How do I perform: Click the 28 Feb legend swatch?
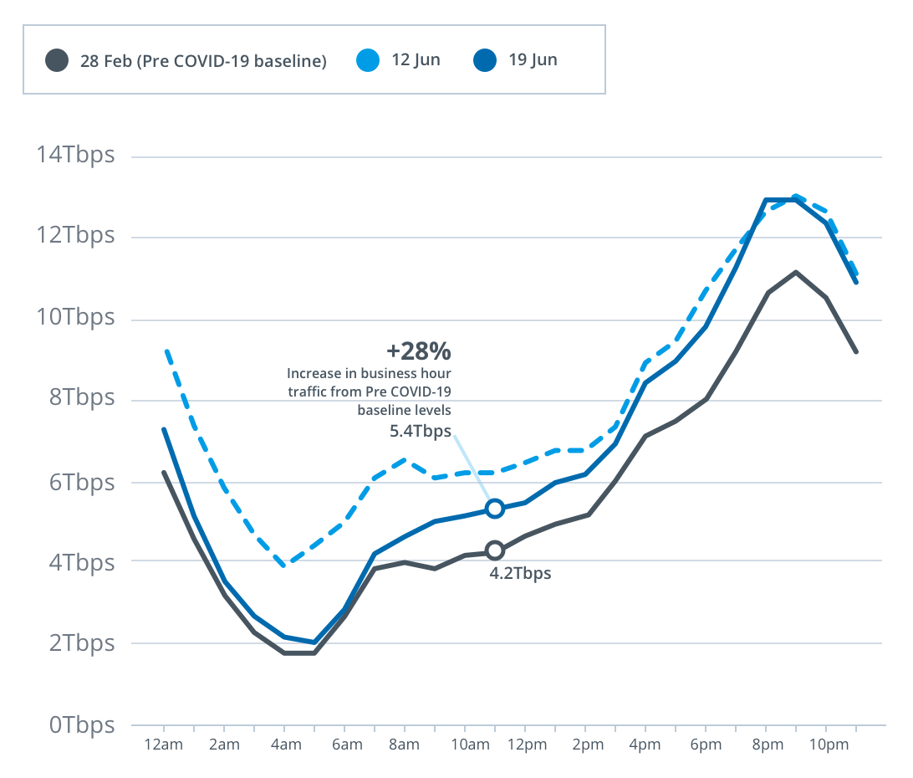pos(57,60)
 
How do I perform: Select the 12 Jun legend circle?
pos(369,60)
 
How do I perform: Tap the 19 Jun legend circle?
pos(485,60)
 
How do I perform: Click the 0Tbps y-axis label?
pos(81,724)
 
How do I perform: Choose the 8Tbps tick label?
pos(81,398)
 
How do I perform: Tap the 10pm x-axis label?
pos(825,745)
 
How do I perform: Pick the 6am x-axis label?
pos(346,745)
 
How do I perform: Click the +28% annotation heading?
pos(418,350)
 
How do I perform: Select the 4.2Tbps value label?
pos(520,574)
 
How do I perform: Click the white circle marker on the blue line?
pos(495,509)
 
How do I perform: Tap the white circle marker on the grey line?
pos(495,550)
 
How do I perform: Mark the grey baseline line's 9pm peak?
pos(795,272)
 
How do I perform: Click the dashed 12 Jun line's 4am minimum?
pos(286,566)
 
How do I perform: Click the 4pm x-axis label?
pos(645,745)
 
